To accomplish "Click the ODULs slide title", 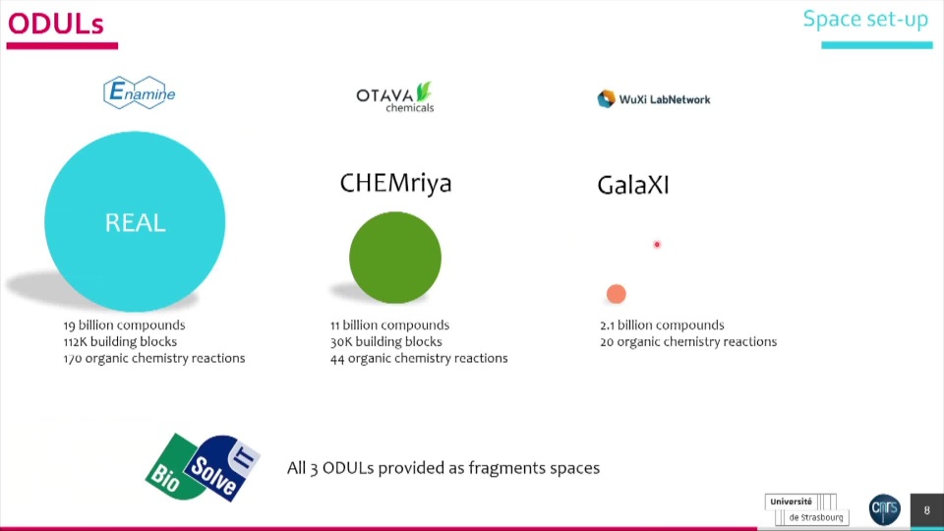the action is click(x=55, y=24).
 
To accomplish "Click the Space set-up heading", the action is click(x=865, y=19).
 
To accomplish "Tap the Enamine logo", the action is click(x=139, y=92).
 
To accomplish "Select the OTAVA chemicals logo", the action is click(x=395, y=97).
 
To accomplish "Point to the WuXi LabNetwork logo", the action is click(x=653, y=99).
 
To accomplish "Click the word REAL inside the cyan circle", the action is click(x=135, y=223).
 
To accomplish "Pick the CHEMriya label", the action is click(x=395, y=183).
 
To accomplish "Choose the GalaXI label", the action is click(x=632, y=185).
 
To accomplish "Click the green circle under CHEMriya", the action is click(x=395, y=257).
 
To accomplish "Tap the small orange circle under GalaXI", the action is click(x=616, y=294).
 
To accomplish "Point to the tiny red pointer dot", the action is click(x=657, y=245).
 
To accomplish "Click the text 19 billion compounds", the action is click(x=124, y=325).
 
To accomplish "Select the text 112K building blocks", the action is click(x=120, y=341).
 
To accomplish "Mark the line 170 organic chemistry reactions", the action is click(x=154, y=358).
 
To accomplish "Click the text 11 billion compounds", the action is click(x=389, y=325).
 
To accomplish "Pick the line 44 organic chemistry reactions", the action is click(x=419, y=358).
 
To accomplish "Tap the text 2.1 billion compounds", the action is click(x=662, y=325).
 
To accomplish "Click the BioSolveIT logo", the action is click(x=203, y=467).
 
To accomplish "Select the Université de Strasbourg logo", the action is click(x=806, y=509).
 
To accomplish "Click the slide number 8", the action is click(x=926, y=510).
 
